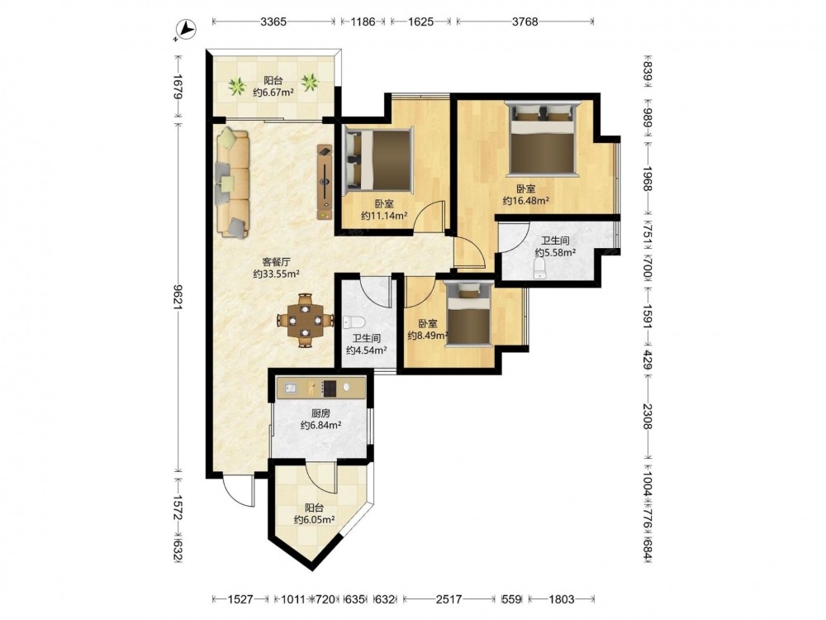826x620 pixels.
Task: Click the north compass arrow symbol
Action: pos(184,30)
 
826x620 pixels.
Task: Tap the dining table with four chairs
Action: pos(306,320)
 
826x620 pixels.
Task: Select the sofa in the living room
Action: pos(232,183)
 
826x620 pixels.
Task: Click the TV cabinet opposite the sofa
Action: pos(325,183)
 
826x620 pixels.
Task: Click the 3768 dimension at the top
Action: pos(525,21)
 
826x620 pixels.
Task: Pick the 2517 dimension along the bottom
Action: pos(449,599)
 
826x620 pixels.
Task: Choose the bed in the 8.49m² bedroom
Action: pos(469,314)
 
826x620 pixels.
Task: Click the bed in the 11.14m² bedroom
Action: pos(377,159)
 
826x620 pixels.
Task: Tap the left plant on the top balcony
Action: pos(237,86)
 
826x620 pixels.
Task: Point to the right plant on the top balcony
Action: pos(310,82)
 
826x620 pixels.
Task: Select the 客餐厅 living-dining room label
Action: pos(277,261)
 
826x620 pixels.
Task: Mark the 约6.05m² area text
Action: pos(315,520)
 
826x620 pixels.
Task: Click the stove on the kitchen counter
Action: pos(330,389)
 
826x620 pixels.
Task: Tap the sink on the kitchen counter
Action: pos(290,389)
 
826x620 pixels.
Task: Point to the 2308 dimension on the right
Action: pos(648,416)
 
